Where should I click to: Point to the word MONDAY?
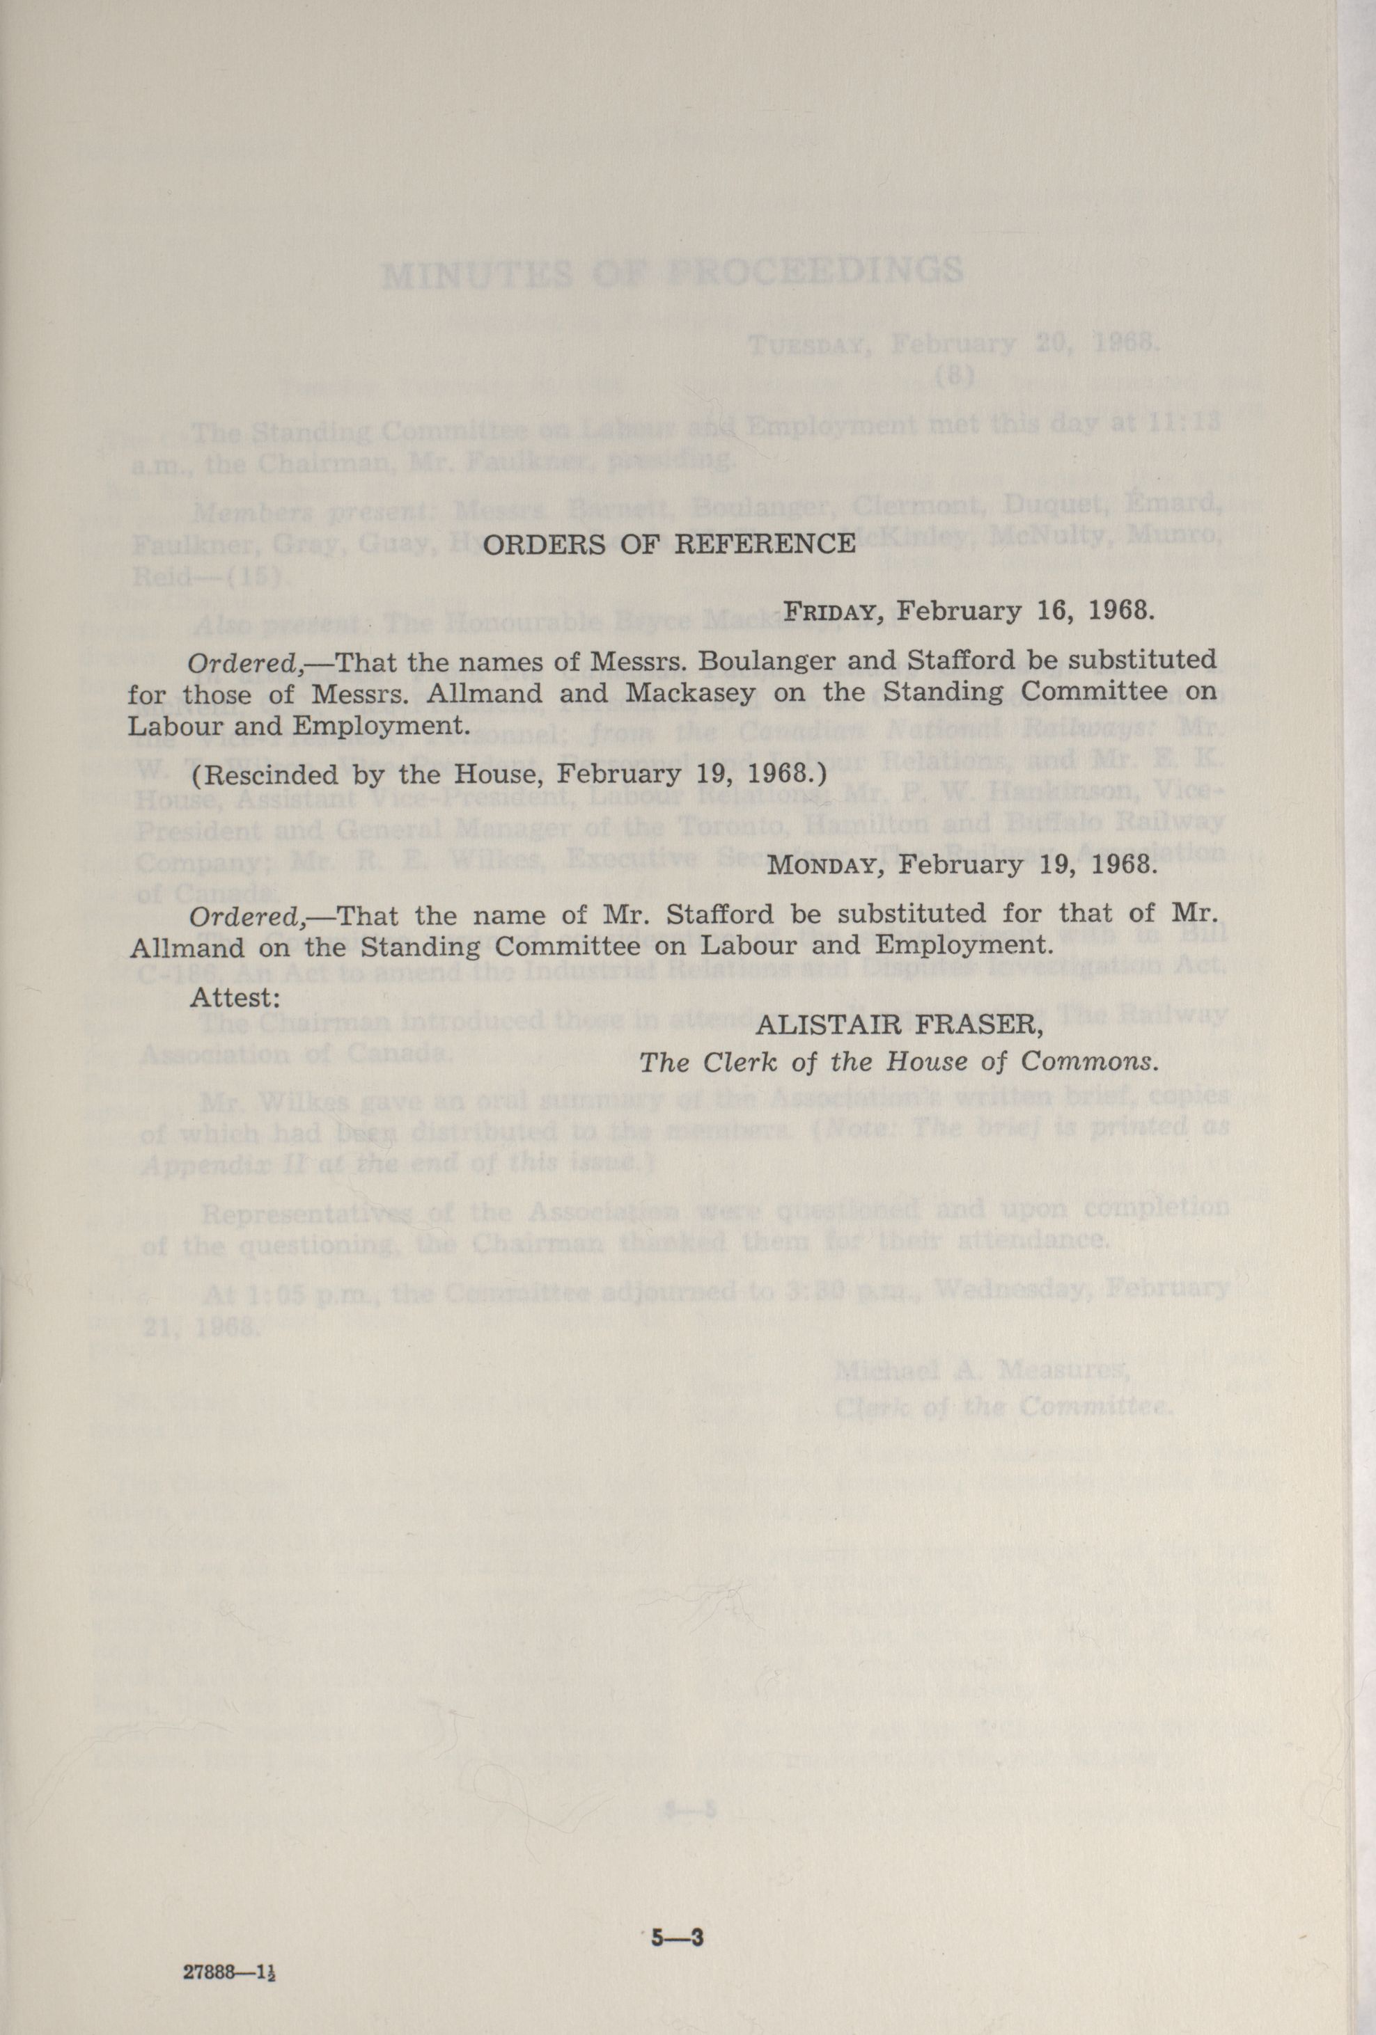[822, 865]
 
